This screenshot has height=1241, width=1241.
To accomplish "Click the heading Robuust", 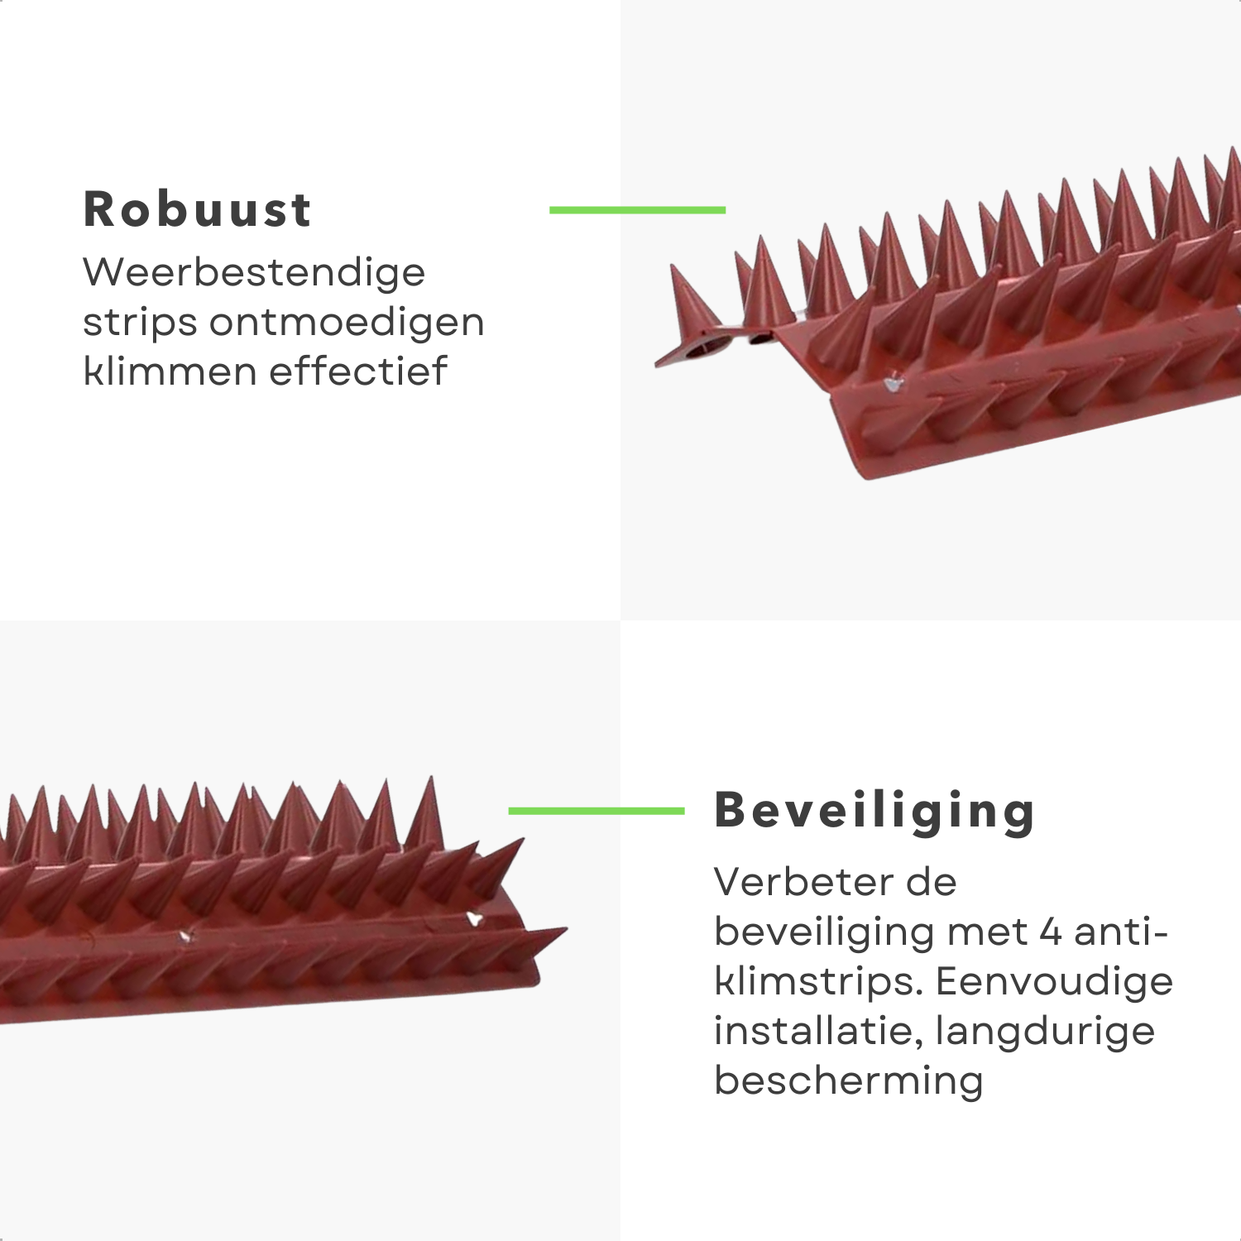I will click(197, 209).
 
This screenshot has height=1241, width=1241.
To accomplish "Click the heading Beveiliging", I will click(874, 811).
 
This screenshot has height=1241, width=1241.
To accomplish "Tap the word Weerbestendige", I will click(254, 272).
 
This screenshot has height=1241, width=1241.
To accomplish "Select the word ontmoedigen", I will click(347, 322).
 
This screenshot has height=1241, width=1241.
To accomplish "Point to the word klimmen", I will click(170, 371).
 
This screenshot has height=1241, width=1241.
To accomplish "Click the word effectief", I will click(358, 371).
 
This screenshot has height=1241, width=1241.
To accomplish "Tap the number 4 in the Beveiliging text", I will click(1050, 932).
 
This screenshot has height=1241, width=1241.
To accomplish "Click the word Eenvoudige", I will click(1054, 981).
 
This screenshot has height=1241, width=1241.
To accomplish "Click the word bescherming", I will click(849, 1080).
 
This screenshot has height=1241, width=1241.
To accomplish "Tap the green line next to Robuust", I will click(637, 210).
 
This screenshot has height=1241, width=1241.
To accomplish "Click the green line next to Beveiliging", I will click(597, 811).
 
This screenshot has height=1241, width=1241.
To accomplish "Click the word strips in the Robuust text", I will click(140, 323).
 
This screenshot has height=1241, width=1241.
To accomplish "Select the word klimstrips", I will click(819, 982).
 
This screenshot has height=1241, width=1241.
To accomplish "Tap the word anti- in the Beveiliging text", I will click(1120, 932).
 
